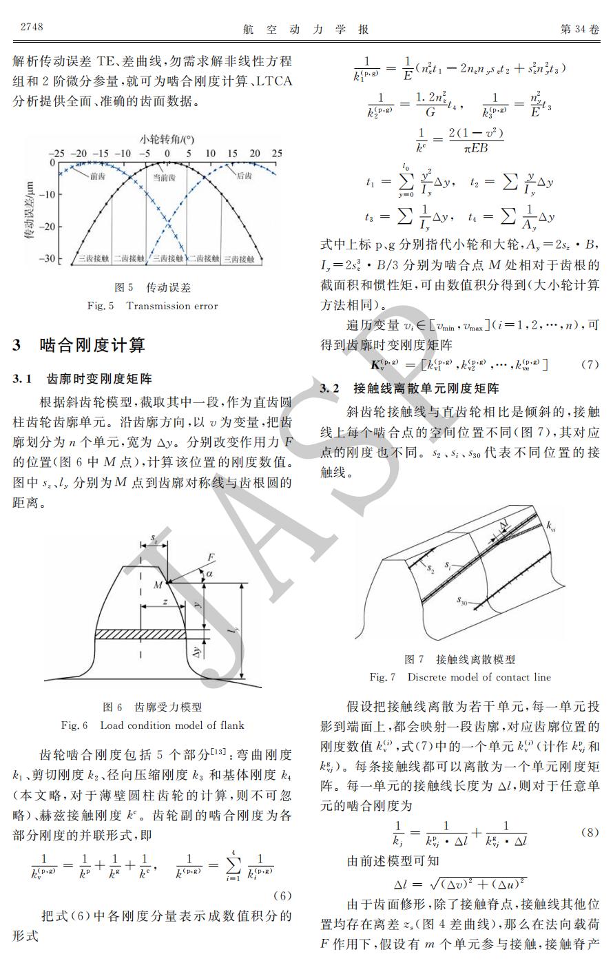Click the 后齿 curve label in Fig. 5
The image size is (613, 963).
pyautogui.click(x=244, y=176)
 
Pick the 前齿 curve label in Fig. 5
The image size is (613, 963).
pyautogui.click(x=97, y=176)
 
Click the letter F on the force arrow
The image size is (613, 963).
pyautogui.click(x=211, y=557)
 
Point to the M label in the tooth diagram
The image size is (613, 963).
pyautogui.click(x=158, y=585)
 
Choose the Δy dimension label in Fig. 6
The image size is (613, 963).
pyautogui.click(x=198, y=650)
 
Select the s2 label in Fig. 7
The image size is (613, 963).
pyautogui.click(x=430, y=570)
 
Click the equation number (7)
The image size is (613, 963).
pyautogui.click(x=590, y=364)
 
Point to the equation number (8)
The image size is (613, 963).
pyautogui.click(x=590, y=832)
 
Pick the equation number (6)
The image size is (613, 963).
pyautogui.click(x=282, y=895)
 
